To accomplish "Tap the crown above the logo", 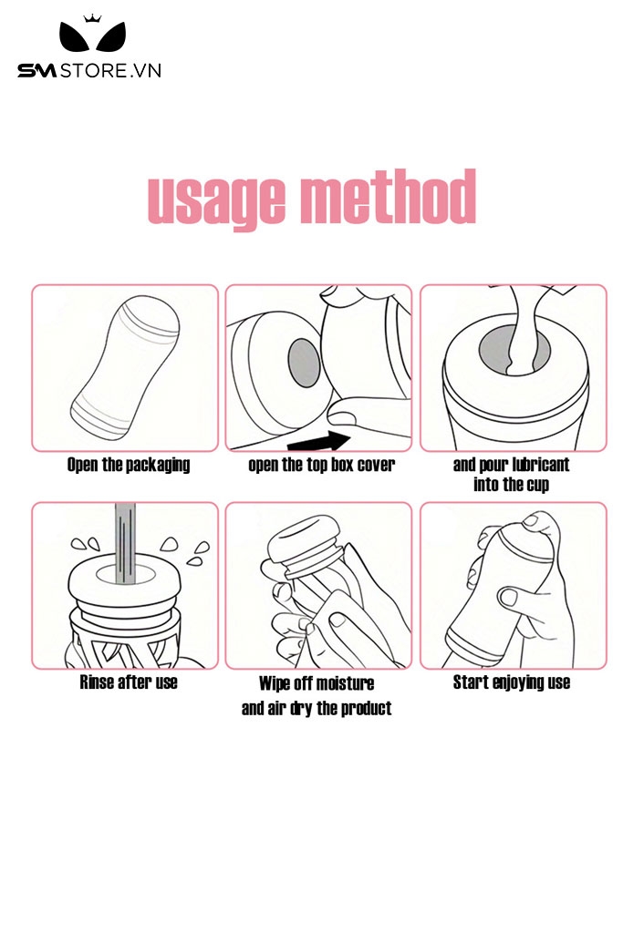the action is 92,18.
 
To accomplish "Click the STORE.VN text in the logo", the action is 110,71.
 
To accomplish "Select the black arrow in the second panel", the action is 318,442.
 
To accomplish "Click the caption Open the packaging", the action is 128,465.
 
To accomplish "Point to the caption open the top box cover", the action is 322,465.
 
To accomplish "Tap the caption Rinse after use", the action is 129,682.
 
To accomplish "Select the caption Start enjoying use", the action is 512,682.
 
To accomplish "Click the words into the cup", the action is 511,485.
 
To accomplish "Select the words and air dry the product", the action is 317,708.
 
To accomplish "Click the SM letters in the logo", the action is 36,71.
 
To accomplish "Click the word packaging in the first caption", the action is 158,466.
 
